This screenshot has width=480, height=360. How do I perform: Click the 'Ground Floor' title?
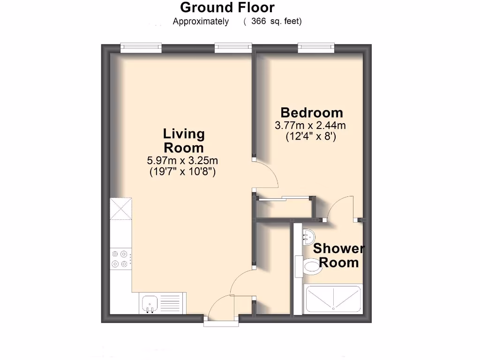[x=227, y=7]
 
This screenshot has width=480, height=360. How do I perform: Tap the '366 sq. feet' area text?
[x=276, y=21]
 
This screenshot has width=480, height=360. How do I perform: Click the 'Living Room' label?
[x=184, y=141]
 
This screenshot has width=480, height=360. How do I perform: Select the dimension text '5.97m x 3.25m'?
[x=182, y=161]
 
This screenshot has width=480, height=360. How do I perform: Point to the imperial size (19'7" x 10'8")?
[x=182, y=172]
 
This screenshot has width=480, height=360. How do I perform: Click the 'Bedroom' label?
[x=312, y=113]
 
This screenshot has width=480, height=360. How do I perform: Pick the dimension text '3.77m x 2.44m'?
[x=310, y=126]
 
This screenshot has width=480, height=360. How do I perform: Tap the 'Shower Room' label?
[x=338, y=255]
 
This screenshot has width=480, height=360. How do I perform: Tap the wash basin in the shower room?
[x=308, y=235]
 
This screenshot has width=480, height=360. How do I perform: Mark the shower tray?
[x=333, y=300]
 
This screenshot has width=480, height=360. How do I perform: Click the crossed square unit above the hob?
[x=121, y=209]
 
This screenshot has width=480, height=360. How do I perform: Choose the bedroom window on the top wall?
[x=315, y=47]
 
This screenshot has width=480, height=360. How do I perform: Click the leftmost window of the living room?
[x=141, y=47]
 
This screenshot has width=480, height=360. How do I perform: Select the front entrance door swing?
[x=221, y=309]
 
